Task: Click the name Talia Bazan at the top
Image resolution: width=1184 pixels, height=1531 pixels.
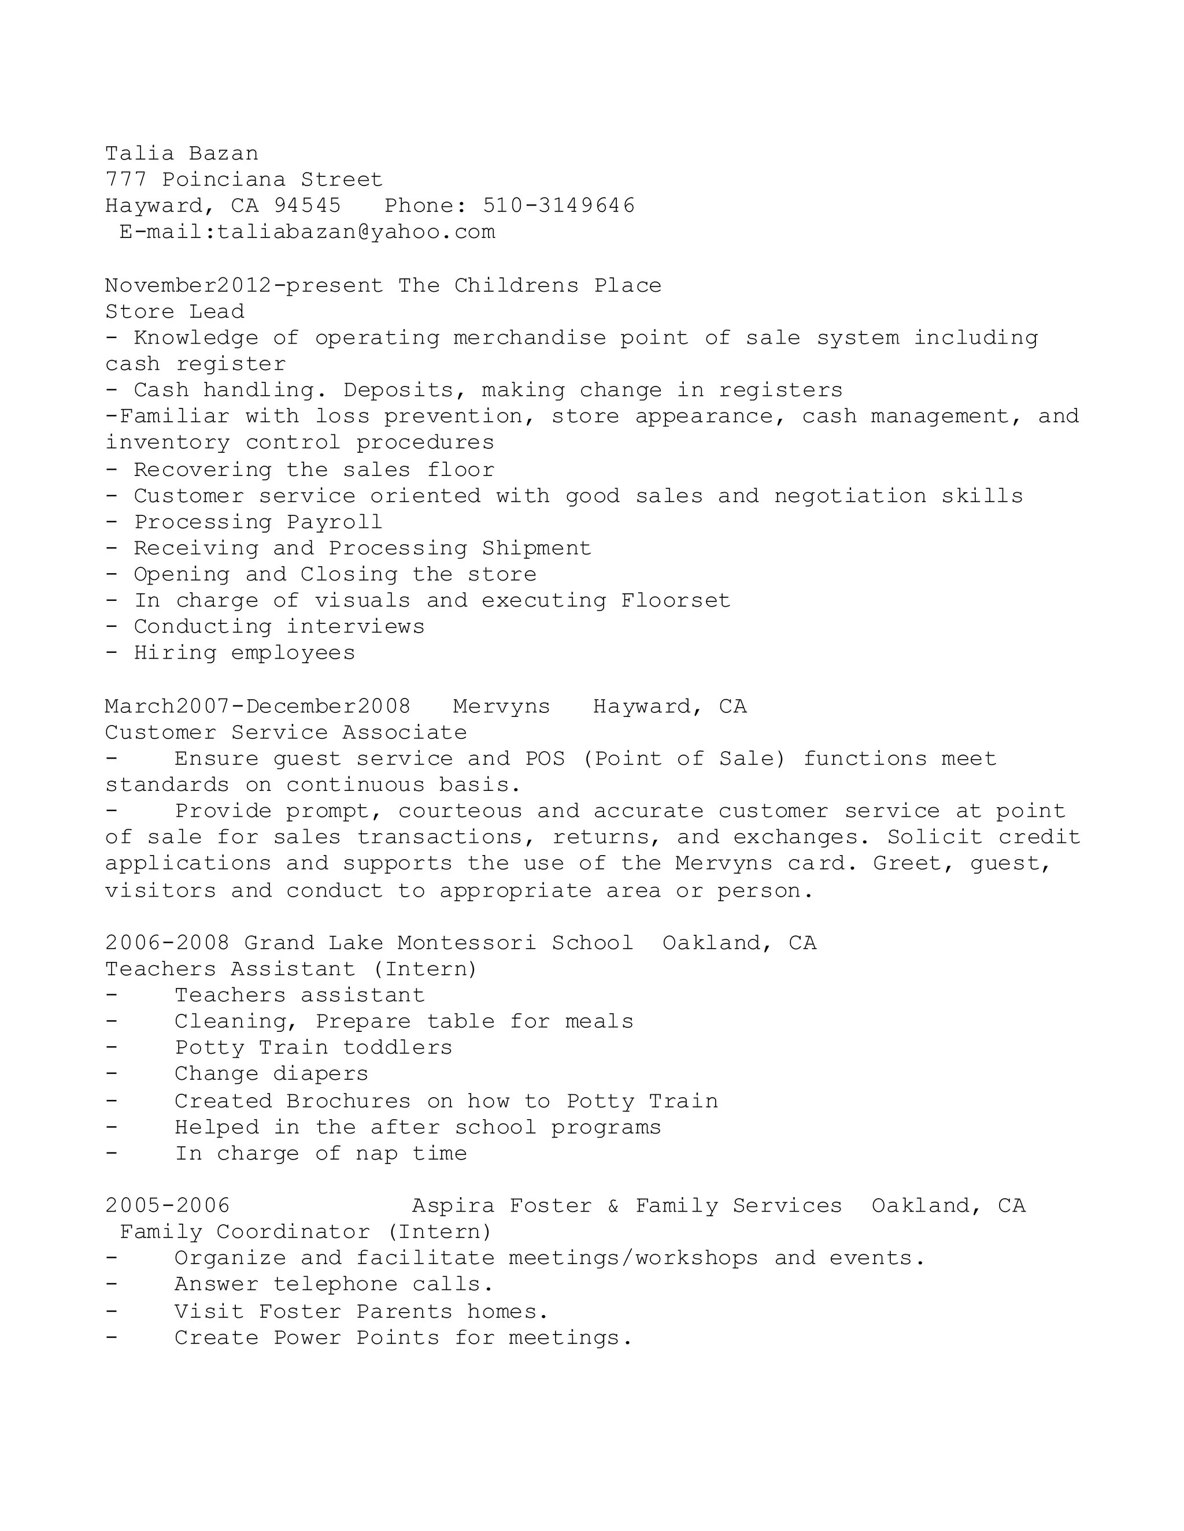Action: coord(182,154)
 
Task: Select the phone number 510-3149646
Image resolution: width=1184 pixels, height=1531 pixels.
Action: coord(558,206)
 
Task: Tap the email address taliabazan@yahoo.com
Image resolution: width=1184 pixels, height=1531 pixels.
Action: coord(356,232)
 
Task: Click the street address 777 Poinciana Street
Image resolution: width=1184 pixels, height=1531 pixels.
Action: coord(244,180)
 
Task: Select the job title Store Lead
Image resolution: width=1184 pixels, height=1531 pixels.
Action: coord(175,311)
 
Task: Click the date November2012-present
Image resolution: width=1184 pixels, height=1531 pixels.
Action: coord(244,285)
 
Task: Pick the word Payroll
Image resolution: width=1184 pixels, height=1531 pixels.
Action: coord(335,522)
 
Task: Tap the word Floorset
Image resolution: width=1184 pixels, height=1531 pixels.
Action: coord(675,601)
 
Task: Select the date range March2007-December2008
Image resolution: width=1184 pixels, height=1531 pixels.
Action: coord(257,706)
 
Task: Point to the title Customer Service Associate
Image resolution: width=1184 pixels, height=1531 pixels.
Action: coord(286,733)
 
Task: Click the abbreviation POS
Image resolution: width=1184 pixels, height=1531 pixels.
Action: coord(545,759)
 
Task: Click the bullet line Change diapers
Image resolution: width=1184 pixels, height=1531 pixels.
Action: coord(272,1074)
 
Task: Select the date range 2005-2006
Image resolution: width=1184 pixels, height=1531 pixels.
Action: coord(168,1206)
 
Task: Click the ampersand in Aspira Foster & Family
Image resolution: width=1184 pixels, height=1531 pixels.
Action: coord(613,1206)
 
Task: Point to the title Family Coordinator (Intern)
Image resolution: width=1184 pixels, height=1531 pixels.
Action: coord(306,1232)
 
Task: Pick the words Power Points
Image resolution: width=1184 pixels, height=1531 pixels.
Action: coord(356,1337)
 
